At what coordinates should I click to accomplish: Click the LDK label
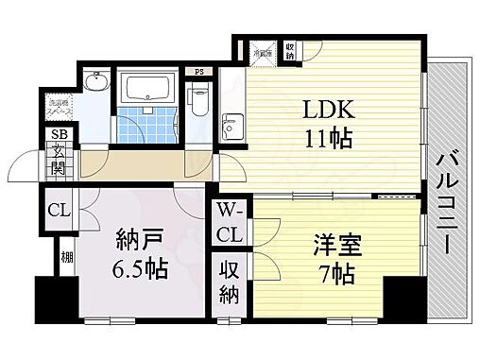coord(326,108)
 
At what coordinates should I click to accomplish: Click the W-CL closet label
coord(231,221)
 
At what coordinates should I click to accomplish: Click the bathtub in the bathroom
coord(146,93)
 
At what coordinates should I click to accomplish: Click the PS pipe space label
coord(198,71)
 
